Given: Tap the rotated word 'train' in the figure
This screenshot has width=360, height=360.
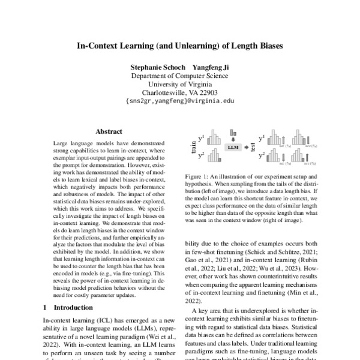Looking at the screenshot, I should (x=193, y=146).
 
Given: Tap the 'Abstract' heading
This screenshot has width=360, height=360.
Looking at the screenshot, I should (x=109, y=131).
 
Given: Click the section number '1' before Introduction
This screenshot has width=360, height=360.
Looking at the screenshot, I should (x=46, y=307).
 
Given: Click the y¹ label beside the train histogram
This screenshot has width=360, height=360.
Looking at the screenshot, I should (x=202, y=137).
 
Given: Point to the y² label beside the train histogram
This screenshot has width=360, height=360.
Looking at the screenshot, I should (x=202, y=155).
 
